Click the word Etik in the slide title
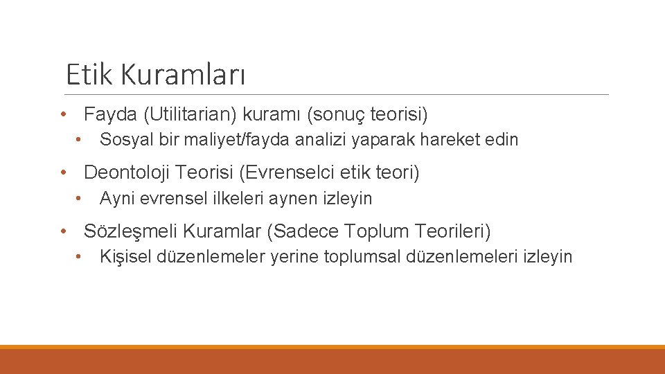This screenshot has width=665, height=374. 87,74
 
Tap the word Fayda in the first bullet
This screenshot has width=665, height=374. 110,114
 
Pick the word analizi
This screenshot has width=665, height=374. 323,140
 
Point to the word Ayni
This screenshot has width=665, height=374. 114,199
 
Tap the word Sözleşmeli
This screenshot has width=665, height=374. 130,231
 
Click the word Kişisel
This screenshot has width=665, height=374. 126,257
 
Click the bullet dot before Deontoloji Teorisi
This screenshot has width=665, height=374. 63,172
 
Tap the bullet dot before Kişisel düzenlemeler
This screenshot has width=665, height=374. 80,257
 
